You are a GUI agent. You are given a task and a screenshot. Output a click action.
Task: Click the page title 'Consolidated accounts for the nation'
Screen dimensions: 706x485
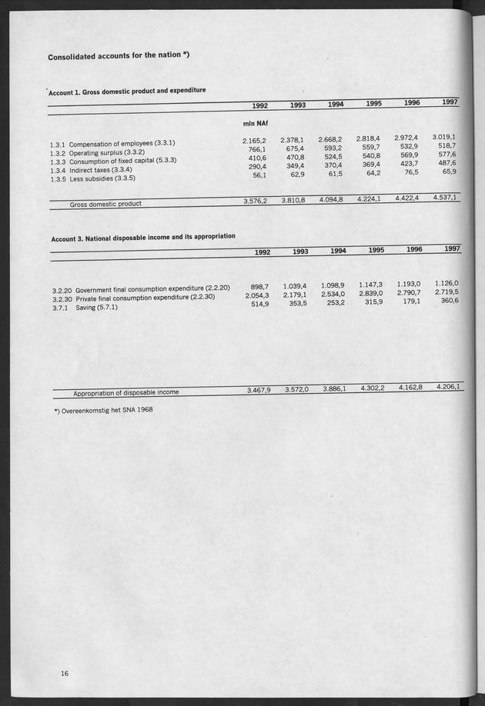(119, 57)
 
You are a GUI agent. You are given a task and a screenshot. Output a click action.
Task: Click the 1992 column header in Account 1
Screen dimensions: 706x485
(260, 106)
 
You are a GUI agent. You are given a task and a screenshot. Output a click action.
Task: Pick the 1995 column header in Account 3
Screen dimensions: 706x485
(375, 250)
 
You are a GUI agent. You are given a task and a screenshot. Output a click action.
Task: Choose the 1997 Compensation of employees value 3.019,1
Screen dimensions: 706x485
(444, 136)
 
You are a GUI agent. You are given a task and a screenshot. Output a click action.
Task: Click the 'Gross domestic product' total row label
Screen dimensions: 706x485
(106, 205)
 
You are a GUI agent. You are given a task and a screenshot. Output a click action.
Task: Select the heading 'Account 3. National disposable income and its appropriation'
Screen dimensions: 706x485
(143, 237)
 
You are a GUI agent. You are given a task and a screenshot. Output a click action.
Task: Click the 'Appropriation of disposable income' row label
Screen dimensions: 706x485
(125, 392)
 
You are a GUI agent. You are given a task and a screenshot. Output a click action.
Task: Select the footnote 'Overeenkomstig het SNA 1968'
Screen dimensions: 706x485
(103, 410)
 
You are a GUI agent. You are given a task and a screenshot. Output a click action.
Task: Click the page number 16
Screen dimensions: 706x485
(65, 674)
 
